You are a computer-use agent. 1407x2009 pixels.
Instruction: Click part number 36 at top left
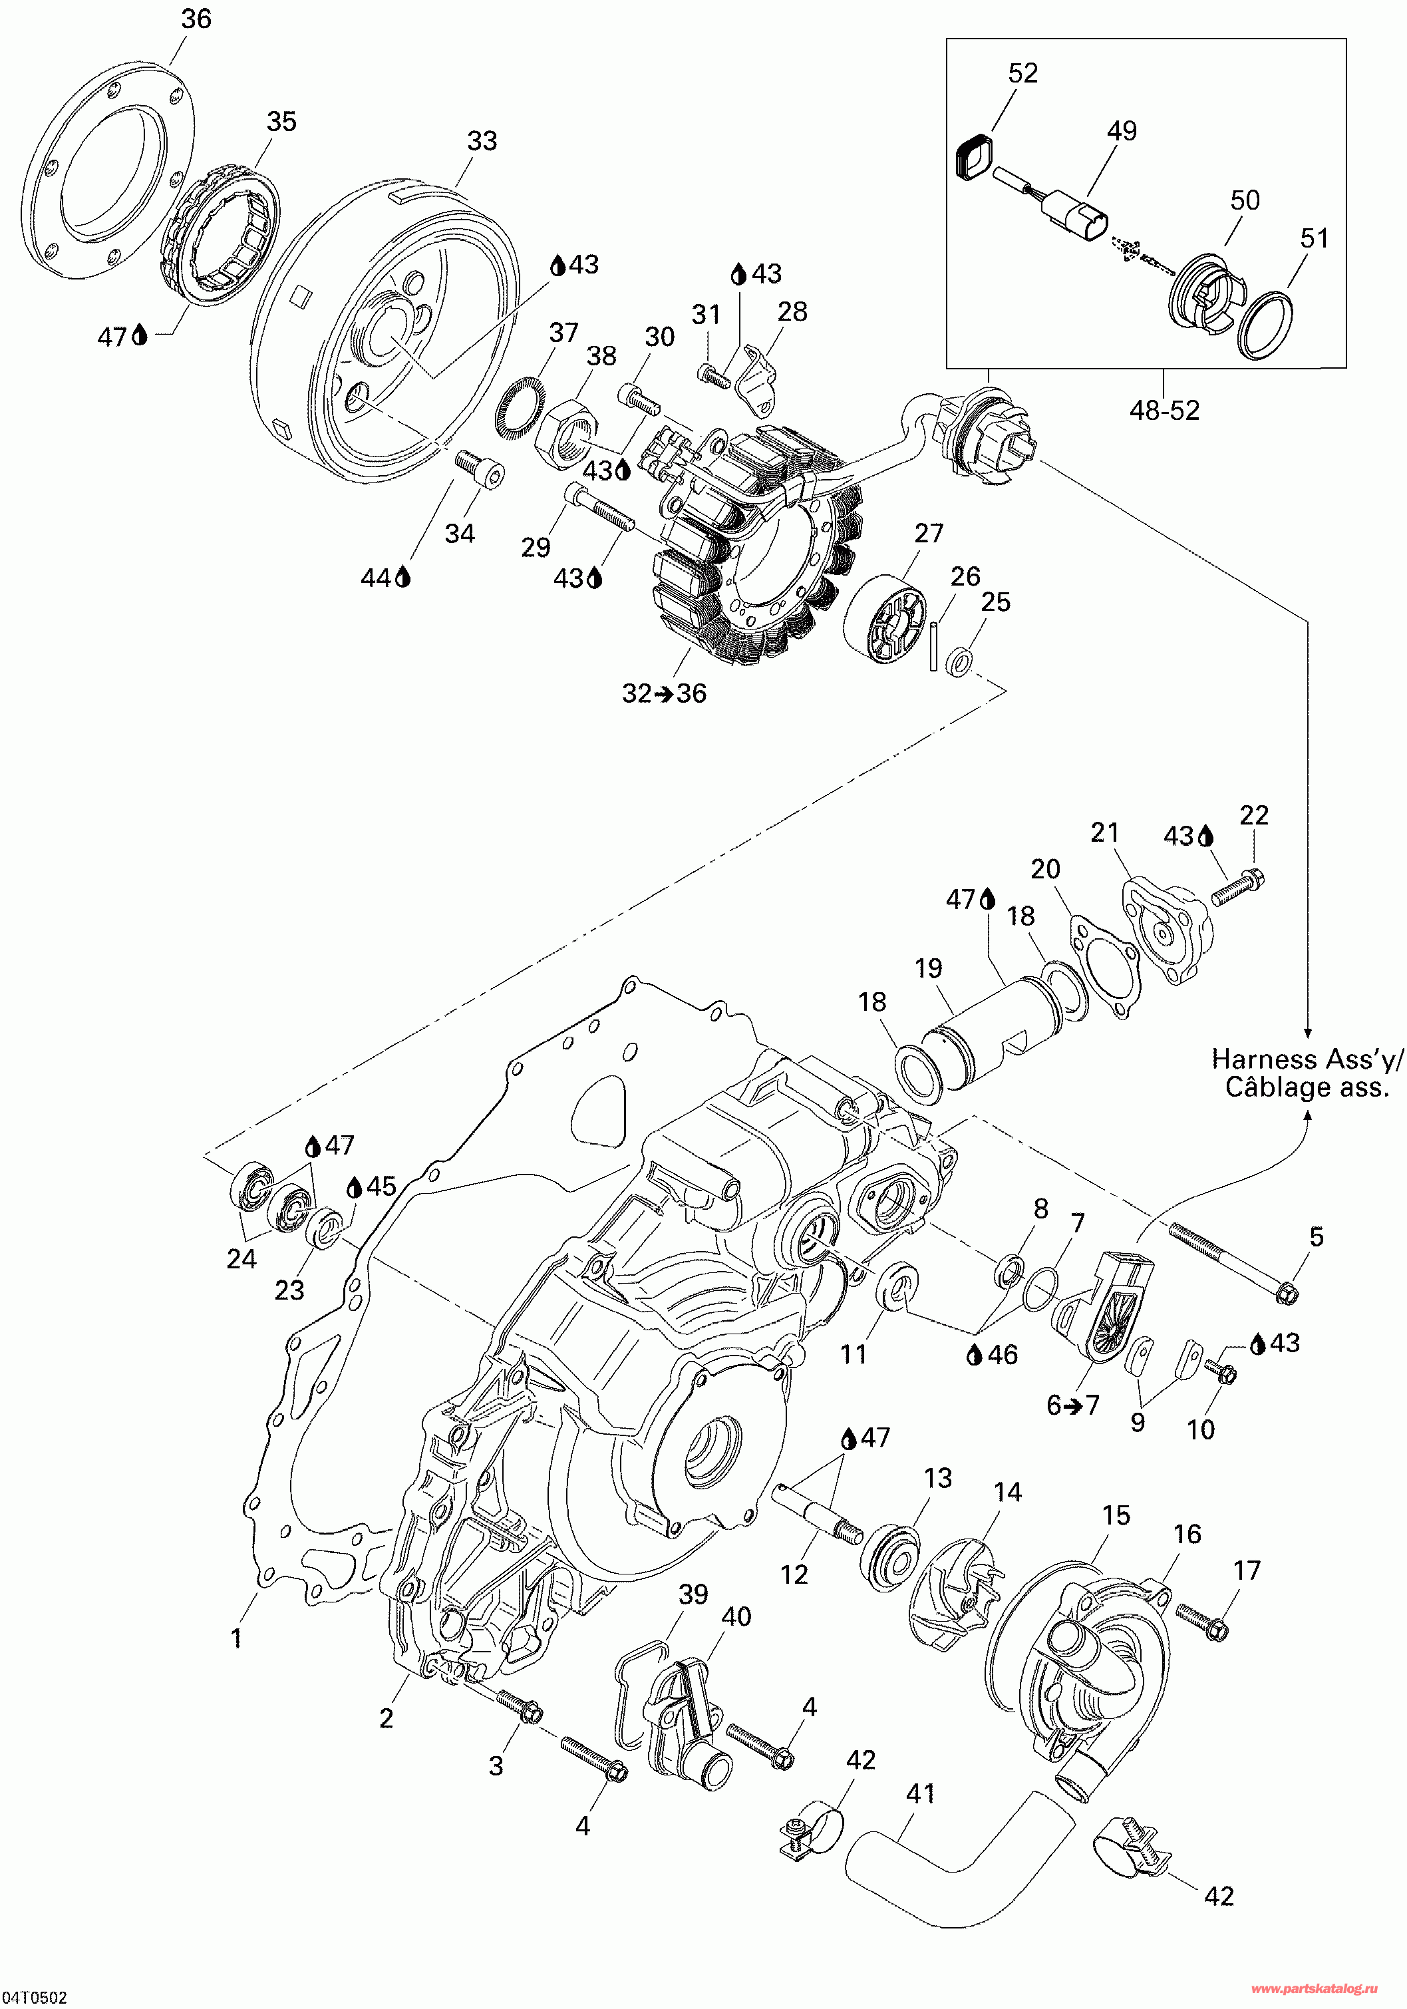tap(196, 19)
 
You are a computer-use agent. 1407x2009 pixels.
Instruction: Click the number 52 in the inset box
tap(1023, 73)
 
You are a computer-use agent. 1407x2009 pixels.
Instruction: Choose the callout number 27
tap(929, 533)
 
